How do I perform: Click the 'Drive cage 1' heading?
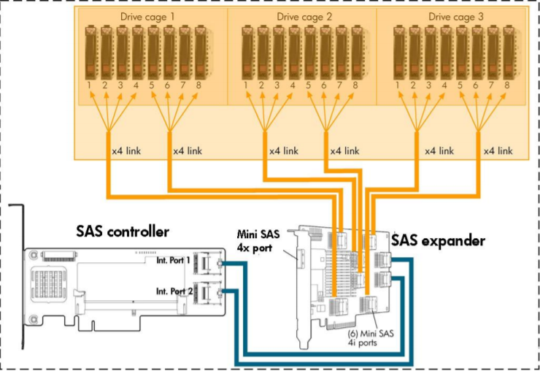147,17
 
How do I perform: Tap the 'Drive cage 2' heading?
304,17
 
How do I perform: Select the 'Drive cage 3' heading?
455,17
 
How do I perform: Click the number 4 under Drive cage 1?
136,85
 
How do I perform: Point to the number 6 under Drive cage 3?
476,85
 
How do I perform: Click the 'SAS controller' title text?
123,232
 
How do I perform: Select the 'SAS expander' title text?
438,240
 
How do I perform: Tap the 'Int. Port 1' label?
173,260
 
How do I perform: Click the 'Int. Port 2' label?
174,291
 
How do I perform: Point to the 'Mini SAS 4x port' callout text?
258,241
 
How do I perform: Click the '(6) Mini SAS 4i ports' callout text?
371,337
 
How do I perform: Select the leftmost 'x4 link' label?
126,150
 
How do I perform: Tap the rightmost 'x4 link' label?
498,150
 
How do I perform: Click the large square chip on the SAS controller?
49,283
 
